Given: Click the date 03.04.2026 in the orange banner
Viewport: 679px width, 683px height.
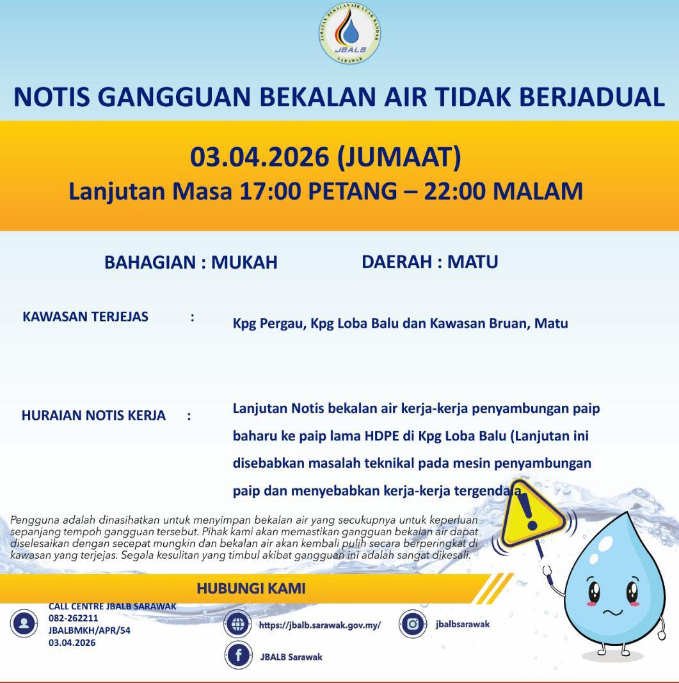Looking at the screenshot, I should [259, 157].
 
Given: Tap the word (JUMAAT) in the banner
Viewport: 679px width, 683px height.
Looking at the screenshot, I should [399, 157].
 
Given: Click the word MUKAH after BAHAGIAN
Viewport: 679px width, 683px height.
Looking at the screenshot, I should [244, 262].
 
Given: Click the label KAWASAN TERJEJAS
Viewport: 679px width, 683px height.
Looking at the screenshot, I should [85, 316].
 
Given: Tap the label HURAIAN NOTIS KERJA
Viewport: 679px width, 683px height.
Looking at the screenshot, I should [93, 415].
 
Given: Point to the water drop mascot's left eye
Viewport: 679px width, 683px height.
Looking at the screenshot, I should [595, 591].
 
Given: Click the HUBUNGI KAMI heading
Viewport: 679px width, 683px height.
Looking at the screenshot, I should [251, 588].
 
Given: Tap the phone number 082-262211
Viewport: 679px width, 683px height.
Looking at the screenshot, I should [73, 618].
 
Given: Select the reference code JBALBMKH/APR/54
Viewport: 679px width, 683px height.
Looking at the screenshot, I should [89, 631].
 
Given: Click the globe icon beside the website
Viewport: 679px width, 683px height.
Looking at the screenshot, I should [237, 624].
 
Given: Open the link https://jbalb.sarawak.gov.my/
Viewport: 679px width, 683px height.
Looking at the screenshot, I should [319, 625].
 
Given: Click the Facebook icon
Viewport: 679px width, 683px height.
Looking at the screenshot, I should [238, 655].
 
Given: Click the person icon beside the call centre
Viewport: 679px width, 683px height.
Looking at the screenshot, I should [24, 623].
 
